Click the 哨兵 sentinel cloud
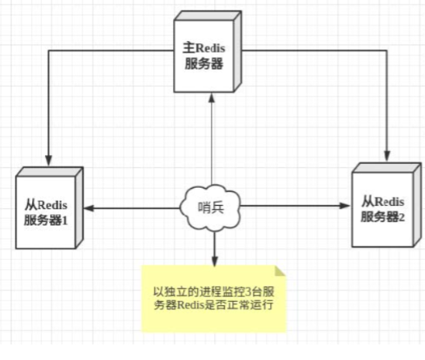[x=212, y=207]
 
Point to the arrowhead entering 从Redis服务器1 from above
[x=48, y=160]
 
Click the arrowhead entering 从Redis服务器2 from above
[x=384, y=157]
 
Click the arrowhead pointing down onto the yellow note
[x=212, y=261]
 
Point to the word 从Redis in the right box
[x=382, y=200]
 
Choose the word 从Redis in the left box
[x=47, y=203]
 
